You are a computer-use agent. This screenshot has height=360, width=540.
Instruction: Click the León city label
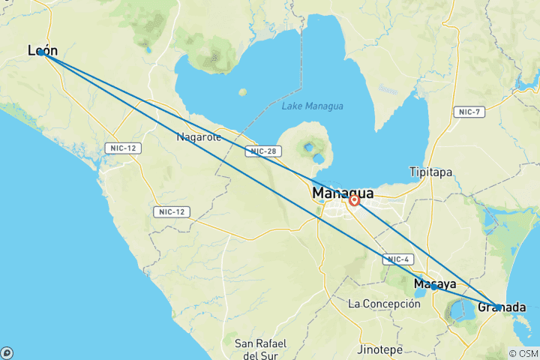click(42, 50)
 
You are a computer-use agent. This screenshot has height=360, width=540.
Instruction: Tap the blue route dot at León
click(42, 52)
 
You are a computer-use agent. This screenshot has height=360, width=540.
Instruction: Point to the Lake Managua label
click(312, 106)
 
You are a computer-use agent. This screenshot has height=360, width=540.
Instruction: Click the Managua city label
click(343, 193)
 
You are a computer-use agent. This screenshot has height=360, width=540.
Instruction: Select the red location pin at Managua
click(354, 200)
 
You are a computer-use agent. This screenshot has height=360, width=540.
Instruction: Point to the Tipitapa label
click(430, 172)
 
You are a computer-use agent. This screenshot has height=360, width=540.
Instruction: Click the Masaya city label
click(435, 284)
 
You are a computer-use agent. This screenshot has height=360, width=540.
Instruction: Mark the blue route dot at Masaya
click(434, 286)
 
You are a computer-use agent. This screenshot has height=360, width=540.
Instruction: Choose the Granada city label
click(502, 307)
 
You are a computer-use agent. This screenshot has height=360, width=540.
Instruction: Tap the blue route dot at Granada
click(499, 307)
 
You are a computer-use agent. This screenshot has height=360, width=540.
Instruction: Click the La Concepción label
click(385, 304)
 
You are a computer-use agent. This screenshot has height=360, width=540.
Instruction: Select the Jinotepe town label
click(379, 349)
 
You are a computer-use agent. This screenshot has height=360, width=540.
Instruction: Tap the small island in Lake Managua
click(242, 92)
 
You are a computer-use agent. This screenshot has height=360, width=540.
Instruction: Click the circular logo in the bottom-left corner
click(7, 352)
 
